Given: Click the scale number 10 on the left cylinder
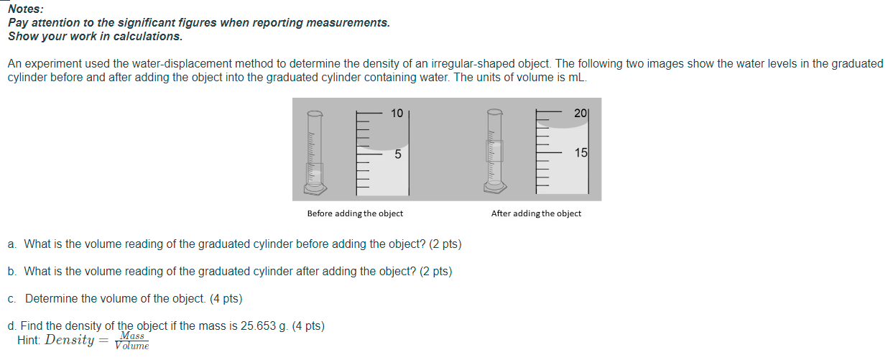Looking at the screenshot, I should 397,113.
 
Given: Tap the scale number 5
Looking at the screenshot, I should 397,154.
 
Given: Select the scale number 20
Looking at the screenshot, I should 581,113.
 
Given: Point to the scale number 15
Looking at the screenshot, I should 581,153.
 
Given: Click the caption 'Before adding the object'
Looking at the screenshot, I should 355,213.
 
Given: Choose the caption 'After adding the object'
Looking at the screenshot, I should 536,213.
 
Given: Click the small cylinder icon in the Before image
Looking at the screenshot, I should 315,152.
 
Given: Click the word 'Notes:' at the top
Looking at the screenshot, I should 25,9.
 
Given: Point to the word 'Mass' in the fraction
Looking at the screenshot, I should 132,336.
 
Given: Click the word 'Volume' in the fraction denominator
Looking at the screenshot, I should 132,346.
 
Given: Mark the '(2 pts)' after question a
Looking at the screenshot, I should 445,244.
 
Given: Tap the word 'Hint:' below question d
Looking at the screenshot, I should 29,341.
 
